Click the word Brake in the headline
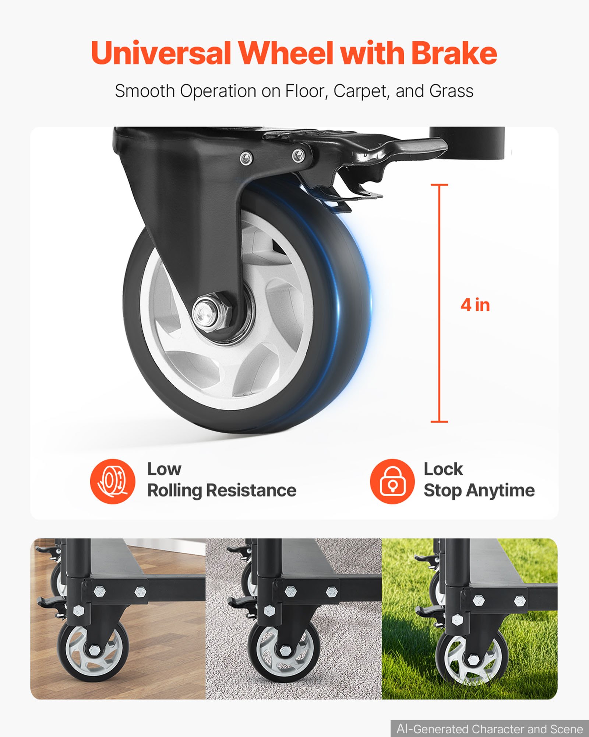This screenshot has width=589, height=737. click(x=454, y=53)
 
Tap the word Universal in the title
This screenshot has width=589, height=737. click(x=161, y=53)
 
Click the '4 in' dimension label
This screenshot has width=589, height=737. click(x=475, y=305)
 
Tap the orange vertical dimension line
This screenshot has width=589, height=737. click(x=439, y=303)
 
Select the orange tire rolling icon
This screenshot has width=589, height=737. click(x=113, y=481)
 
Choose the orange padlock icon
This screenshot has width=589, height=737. click(x=392, y=481)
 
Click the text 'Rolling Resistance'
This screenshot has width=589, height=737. click(x=222, y=490)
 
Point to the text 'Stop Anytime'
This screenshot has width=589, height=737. click(x=479, y=490)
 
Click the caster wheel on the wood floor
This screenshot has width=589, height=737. click(x=93, y=651)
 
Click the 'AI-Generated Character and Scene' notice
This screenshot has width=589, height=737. click(x=490, y=729)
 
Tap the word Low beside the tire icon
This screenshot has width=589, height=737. click(x=164, y=469)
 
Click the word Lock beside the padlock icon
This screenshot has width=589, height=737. click(x=443, y=469)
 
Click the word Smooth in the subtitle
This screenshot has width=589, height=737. click(x=145, y=91)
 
